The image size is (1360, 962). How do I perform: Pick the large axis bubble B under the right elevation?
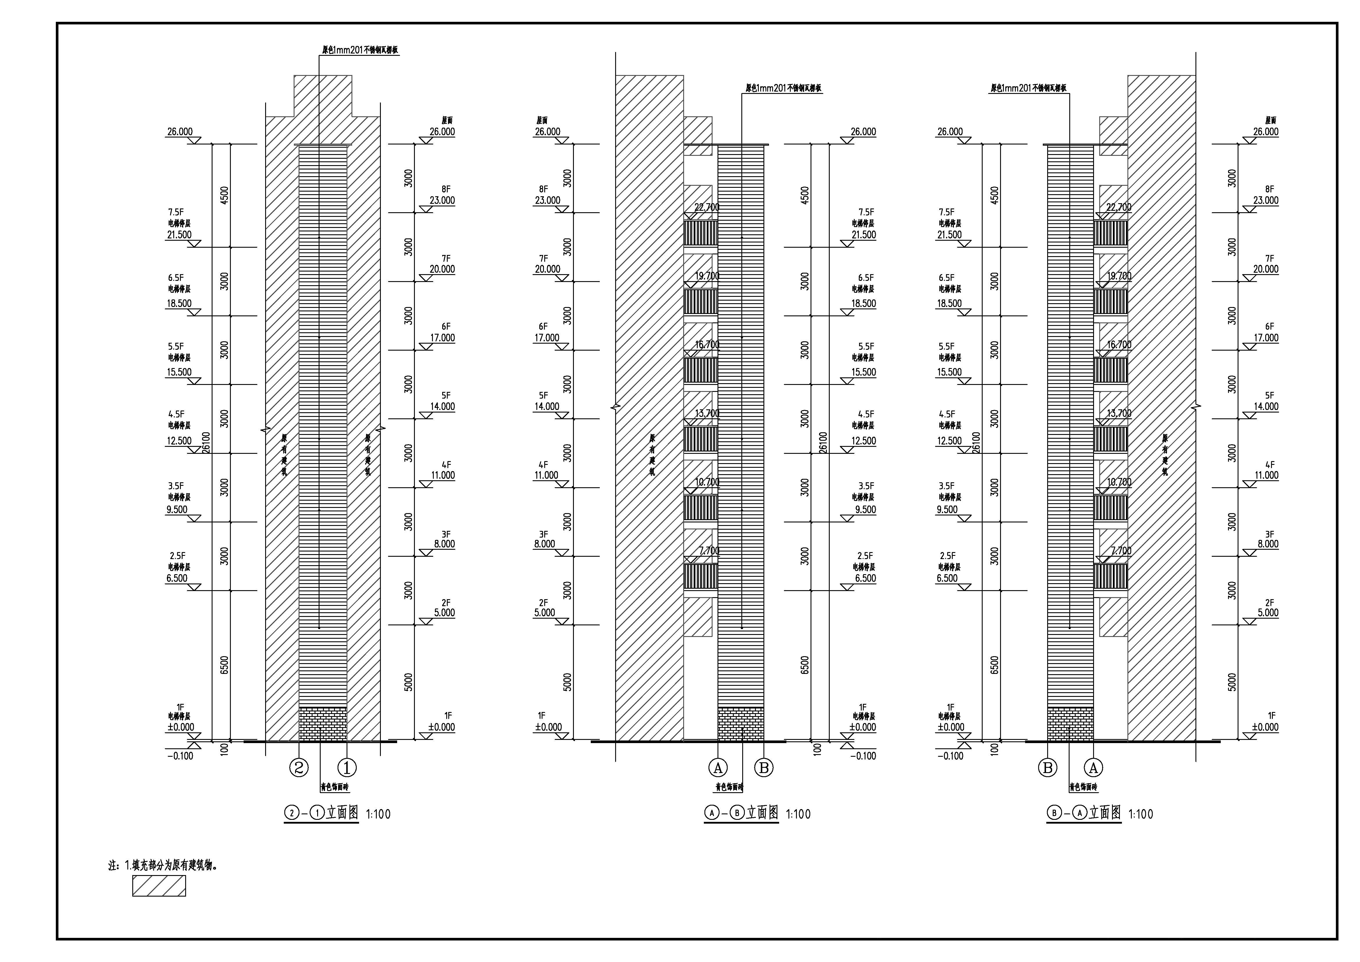(x=1047, y=768)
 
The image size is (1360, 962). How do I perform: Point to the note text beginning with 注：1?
(x=163, y=865)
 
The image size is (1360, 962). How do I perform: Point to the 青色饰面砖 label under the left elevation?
(x=335, y=788)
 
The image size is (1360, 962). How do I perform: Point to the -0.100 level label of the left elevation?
(x=180, y=756)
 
